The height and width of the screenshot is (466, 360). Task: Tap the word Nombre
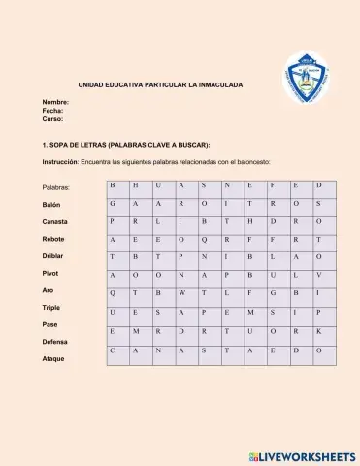coord(55,102)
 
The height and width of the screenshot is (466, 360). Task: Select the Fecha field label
coord(52,111)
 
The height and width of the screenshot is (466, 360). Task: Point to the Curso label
coord(52,119)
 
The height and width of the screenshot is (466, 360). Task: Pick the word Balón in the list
coord(51,205)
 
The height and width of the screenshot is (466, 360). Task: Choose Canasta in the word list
coord(55,221)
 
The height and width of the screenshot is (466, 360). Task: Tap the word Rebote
coord(53,238)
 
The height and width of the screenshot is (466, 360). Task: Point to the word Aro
coord(48,290)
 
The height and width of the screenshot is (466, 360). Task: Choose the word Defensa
coord(55,342)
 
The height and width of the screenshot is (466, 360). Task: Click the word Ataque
coord(53,358)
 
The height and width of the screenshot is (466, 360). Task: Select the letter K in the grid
coord(318,330)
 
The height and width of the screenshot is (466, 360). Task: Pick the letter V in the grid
coord(318,275)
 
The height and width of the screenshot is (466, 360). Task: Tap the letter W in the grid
coord(181,293)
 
